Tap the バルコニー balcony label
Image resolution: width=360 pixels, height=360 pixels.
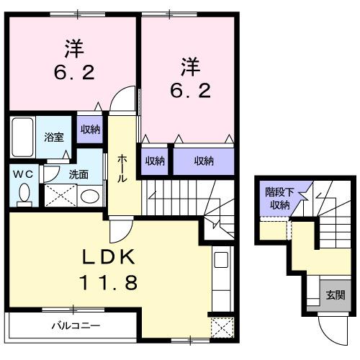(75, 325)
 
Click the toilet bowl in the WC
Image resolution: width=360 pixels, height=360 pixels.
(24, 193)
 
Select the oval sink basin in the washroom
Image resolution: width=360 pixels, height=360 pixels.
(89, 196)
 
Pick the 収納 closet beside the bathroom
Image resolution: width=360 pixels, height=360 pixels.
(90, 130)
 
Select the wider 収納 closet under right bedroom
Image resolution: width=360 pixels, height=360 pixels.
(204, 161)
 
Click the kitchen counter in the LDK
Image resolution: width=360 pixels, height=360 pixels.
(222, 276)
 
